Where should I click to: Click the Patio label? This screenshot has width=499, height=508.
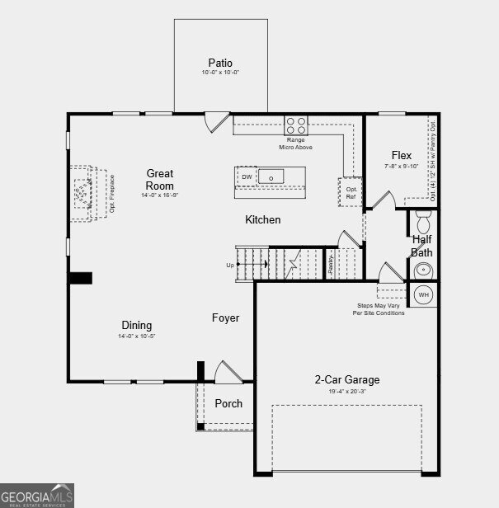point(220,63)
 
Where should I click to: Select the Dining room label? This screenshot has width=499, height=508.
point(137,326)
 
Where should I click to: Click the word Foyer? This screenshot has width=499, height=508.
point(225,317)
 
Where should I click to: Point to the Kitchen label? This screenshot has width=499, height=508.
point(262,220)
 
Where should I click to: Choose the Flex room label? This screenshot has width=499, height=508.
point(401,155)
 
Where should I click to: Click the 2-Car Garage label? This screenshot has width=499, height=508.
point(346,380)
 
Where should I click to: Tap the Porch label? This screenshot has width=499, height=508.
point(228,403)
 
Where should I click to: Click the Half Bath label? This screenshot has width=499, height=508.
point(422,246)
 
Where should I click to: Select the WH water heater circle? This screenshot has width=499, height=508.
point(423,294)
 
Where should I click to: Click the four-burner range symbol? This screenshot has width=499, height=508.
point(296,125)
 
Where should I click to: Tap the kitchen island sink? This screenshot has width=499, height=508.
point(271,176)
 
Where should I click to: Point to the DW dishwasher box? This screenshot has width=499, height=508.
point(247,177)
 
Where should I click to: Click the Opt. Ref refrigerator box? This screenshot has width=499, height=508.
point(351,192)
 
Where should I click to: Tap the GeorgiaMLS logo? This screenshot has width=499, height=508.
point(37,495)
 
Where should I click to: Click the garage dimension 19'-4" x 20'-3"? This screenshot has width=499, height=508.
point(346,392)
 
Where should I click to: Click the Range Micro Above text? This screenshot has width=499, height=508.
point(296,143)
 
